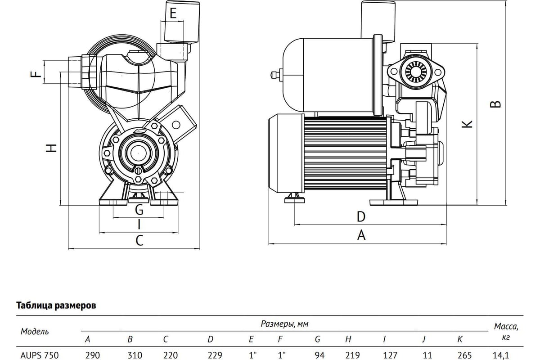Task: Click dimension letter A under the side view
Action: (x=361, y=235)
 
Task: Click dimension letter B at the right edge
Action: (x=495, y=104)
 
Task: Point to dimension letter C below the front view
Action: (x=139, y=240)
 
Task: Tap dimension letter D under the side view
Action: (x=361, y=217)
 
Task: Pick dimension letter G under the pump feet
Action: (x=139, y=210)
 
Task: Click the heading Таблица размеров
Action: (x=56, y=306)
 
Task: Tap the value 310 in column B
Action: (x=131, y=355)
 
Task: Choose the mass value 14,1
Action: (x=502, y=355)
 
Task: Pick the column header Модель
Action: (x=35, y=332)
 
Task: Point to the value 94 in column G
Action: (x=319, y=355)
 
